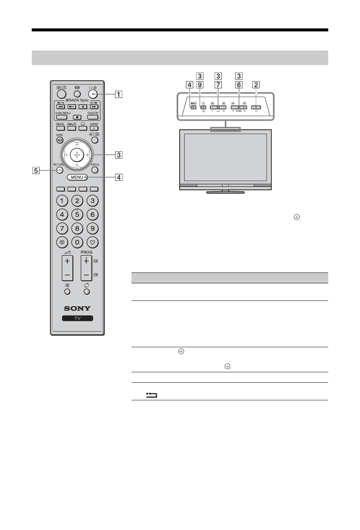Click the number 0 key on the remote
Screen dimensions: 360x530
77,242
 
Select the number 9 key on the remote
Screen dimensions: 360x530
93,228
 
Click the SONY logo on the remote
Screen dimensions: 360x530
77,308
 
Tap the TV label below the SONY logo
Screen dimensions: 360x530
77,318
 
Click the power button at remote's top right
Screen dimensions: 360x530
93,95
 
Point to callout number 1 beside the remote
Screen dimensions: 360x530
118,95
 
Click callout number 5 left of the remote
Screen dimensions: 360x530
36,171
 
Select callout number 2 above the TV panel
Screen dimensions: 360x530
256,85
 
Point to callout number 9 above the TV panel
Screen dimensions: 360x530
201,85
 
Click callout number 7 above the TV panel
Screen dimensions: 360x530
218,85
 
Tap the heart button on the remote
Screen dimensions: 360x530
93,242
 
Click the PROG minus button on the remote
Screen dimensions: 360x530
86,275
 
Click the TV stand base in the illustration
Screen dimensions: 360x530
226,192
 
